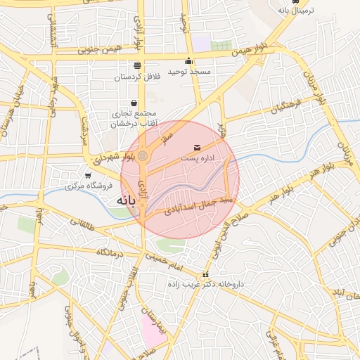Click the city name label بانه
(121, 201)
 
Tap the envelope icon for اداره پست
(196, 148)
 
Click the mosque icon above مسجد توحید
(188, 60)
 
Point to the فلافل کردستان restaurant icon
(136, 65)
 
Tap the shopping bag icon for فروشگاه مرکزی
(88, 176)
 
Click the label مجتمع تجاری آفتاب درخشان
(133, 119)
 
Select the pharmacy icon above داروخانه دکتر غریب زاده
(205, 275)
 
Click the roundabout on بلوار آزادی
(143, 155)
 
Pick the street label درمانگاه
(111, 252)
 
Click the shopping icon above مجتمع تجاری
(133, 103)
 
